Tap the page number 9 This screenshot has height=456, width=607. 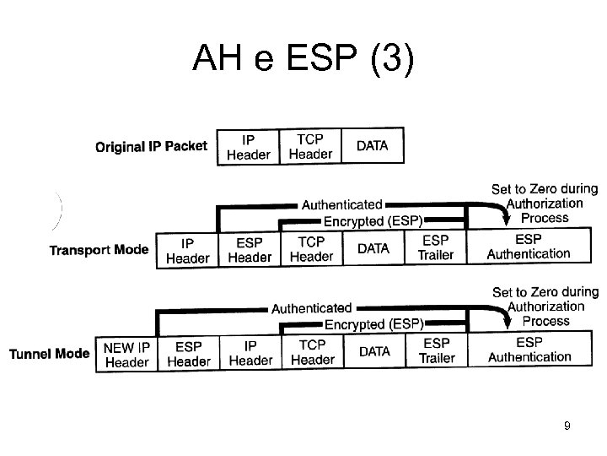[x=567, y=426]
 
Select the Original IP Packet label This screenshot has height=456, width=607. [x=151, y=147]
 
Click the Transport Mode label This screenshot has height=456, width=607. [x=99, y=250]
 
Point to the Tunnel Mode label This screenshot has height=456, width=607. [x=49, y=353]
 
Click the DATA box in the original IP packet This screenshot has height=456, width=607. [x=373, y=145]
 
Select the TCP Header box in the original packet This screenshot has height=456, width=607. [x=310, y=145]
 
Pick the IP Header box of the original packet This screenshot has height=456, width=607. [x=249, y=145]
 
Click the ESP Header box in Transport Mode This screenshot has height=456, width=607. [x=249, y=249]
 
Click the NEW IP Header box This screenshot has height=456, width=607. [x=126, y=354]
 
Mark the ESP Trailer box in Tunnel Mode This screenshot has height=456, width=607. [x=437, y=350]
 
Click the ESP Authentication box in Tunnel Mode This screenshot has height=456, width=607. [x=529, y=350]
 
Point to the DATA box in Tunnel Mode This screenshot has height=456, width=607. [x=374, y=351]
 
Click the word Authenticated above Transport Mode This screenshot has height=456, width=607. [x=341, y=205]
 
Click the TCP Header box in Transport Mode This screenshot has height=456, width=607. [x=311, y=249]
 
